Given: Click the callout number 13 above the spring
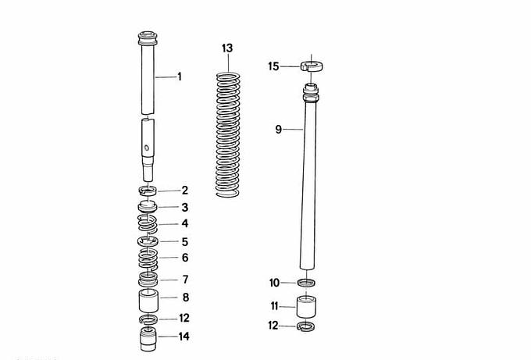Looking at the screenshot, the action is click(227, 48).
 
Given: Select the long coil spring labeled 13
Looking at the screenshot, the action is click(228, 135).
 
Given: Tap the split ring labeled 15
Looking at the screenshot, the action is click(312, 66).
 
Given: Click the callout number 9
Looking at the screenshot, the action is click(278, 130).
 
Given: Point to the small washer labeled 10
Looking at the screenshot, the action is click(306, 282).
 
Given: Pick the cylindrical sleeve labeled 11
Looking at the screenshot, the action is click(306, 306).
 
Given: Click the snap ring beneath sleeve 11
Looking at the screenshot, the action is click(305, 326).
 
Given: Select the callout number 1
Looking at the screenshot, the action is click(180, 77).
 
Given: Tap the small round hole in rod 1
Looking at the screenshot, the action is click(146, 148).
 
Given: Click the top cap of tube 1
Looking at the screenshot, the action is click(148, 38).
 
